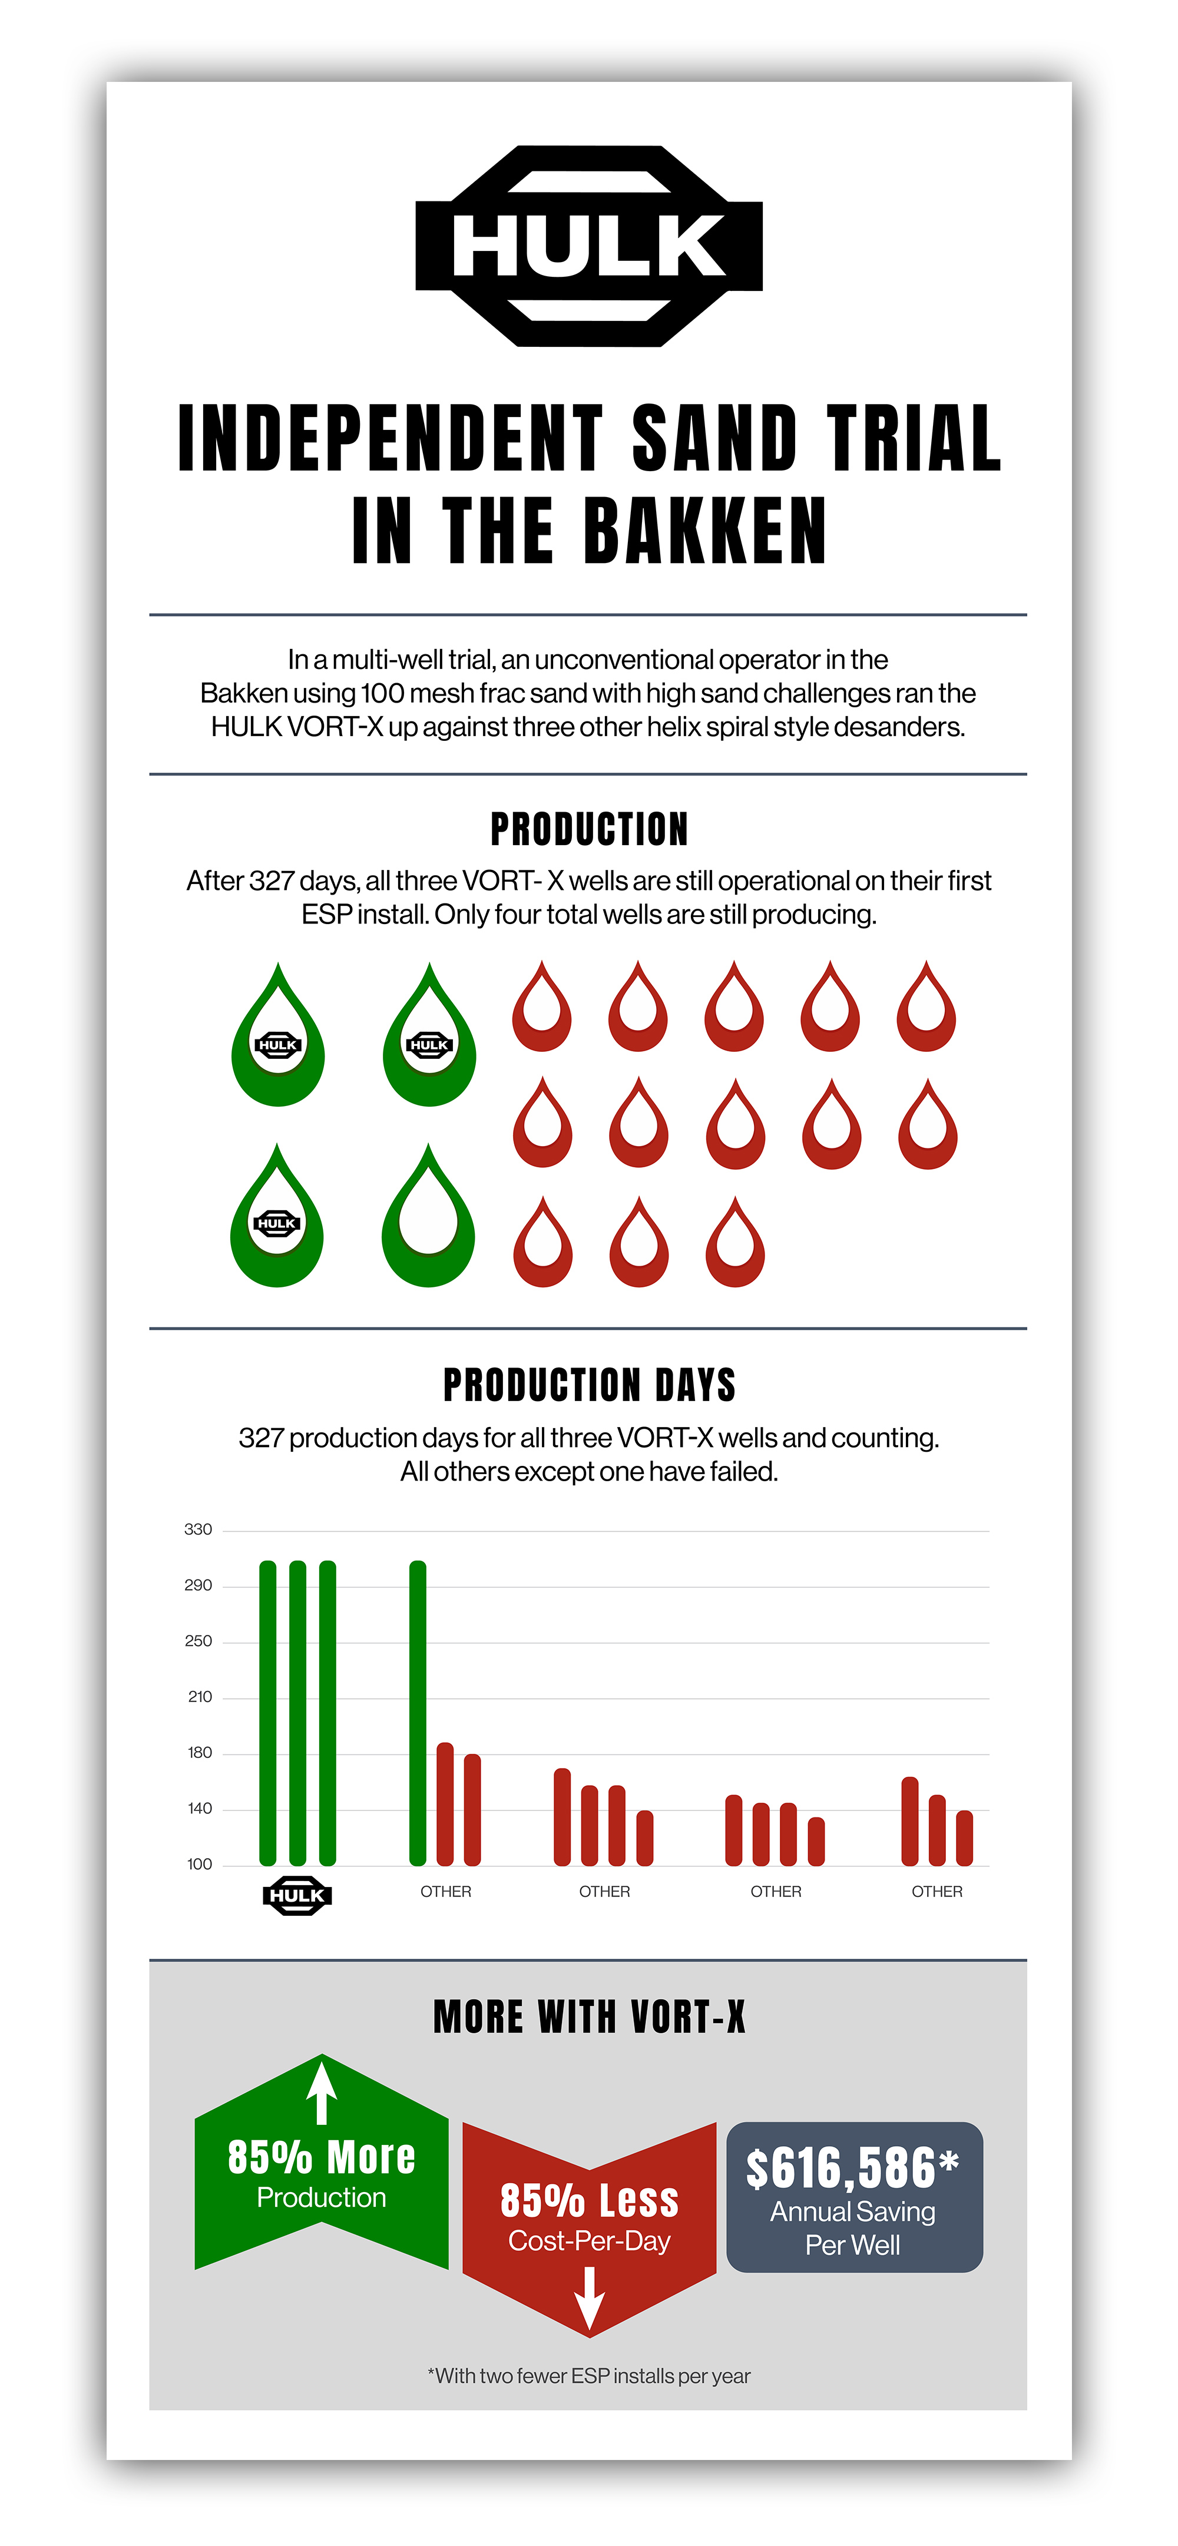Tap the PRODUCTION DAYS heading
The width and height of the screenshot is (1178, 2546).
point(589,1385)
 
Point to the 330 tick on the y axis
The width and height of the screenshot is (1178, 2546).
point(198,1529)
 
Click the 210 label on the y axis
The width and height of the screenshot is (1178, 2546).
point(200,1697)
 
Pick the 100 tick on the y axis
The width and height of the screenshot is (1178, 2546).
point(200,1864)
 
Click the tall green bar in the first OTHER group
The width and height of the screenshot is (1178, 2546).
point(418,1712)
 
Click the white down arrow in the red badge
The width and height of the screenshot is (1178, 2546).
point(589,2298)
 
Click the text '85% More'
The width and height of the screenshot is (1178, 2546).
point(321,2157)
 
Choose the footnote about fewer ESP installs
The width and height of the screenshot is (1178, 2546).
point(589,2376)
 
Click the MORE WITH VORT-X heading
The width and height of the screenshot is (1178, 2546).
point(589,2016)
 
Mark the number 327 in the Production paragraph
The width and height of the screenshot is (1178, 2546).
point(271,880)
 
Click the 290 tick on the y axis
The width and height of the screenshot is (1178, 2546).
point(198,1585)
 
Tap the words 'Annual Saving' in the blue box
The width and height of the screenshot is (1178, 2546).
point(853,2212)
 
